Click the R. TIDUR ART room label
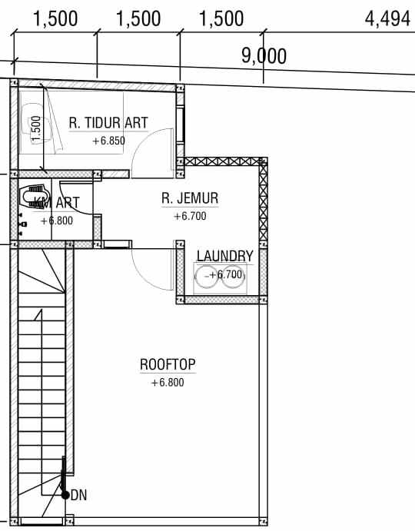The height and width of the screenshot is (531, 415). [108, 123]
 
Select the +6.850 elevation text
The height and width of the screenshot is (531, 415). [108, 141]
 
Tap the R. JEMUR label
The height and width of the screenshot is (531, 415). [190, 199]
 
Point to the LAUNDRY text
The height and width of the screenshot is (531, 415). [225, 256]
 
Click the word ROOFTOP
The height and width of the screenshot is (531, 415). [167, 364]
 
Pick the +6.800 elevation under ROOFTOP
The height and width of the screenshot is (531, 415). [167, 383]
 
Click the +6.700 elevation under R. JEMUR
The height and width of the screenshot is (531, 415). [190, 217]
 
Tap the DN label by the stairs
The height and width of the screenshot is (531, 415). [79, 496]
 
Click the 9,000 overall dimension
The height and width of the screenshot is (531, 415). [264, 56]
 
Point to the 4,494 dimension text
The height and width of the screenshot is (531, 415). [387, 19]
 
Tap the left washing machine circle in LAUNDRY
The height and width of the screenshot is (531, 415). [207, 277]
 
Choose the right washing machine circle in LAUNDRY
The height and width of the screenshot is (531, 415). [233, 277]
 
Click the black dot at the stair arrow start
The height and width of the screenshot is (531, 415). [65, 496]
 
